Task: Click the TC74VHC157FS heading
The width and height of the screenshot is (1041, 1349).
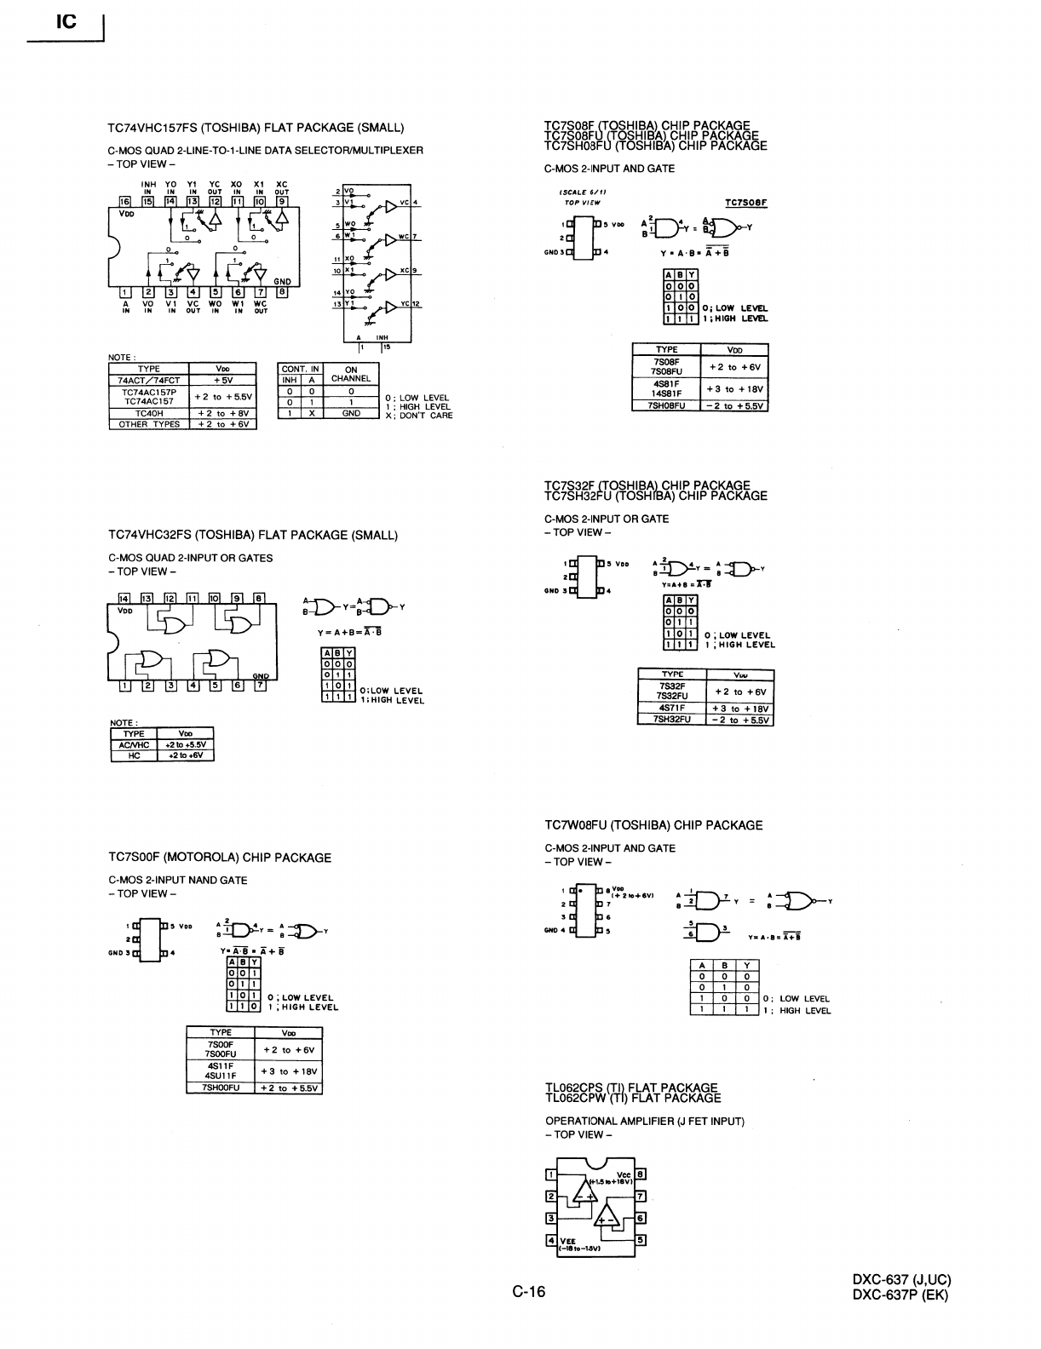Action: (256, 128)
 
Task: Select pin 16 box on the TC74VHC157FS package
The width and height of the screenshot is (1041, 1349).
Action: (125, 202)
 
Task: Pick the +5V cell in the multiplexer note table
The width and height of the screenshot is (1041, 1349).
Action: (223, 381)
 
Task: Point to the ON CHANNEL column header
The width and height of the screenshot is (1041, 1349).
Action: (351, 374)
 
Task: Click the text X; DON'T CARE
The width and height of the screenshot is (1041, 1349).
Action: (419, 416)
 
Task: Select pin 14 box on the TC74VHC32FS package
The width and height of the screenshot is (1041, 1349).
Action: (124, 598)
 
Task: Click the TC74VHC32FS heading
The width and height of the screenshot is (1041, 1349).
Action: (253, 536)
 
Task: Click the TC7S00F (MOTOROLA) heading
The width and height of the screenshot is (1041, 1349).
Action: (220, 858)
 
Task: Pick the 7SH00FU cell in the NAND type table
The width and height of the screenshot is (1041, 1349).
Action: (221, 1088)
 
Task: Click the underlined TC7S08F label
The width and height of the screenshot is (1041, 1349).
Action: (746, 203)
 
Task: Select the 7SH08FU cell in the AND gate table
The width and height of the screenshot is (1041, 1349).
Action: (666, 405)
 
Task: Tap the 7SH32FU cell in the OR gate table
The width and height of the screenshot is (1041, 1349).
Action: (672, 720)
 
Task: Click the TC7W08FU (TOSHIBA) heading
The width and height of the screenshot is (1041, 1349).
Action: (653, 825)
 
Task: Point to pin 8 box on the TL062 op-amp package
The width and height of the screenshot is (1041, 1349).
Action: (641, 1175)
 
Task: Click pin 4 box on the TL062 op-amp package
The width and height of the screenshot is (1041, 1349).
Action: (551, 1240)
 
